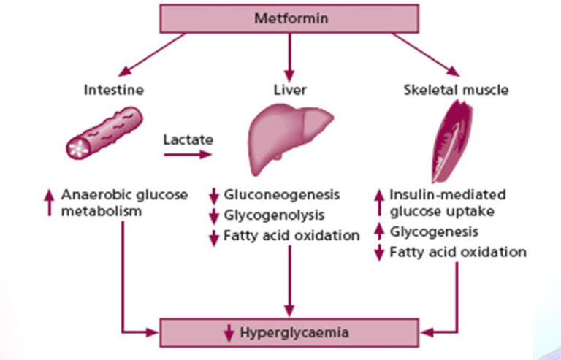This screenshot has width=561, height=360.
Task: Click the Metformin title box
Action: (289, 18)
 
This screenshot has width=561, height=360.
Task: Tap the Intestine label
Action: (113, 91)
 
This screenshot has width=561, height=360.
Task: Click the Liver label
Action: (289, 91)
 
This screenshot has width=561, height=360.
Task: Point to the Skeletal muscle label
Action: (456, 91)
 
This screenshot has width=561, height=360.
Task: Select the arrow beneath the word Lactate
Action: (188, 154)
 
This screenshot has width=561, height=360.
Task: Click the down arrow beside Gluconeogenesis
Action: (213, 196)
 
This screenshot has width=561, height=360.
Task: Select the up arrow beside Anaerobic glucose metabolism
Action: (50, 202)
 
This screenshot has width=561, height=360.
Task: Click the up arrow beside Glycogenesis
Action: (379, 232)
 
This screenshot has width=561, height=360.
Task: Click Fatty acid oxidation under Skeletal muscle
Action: (458, 253)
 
